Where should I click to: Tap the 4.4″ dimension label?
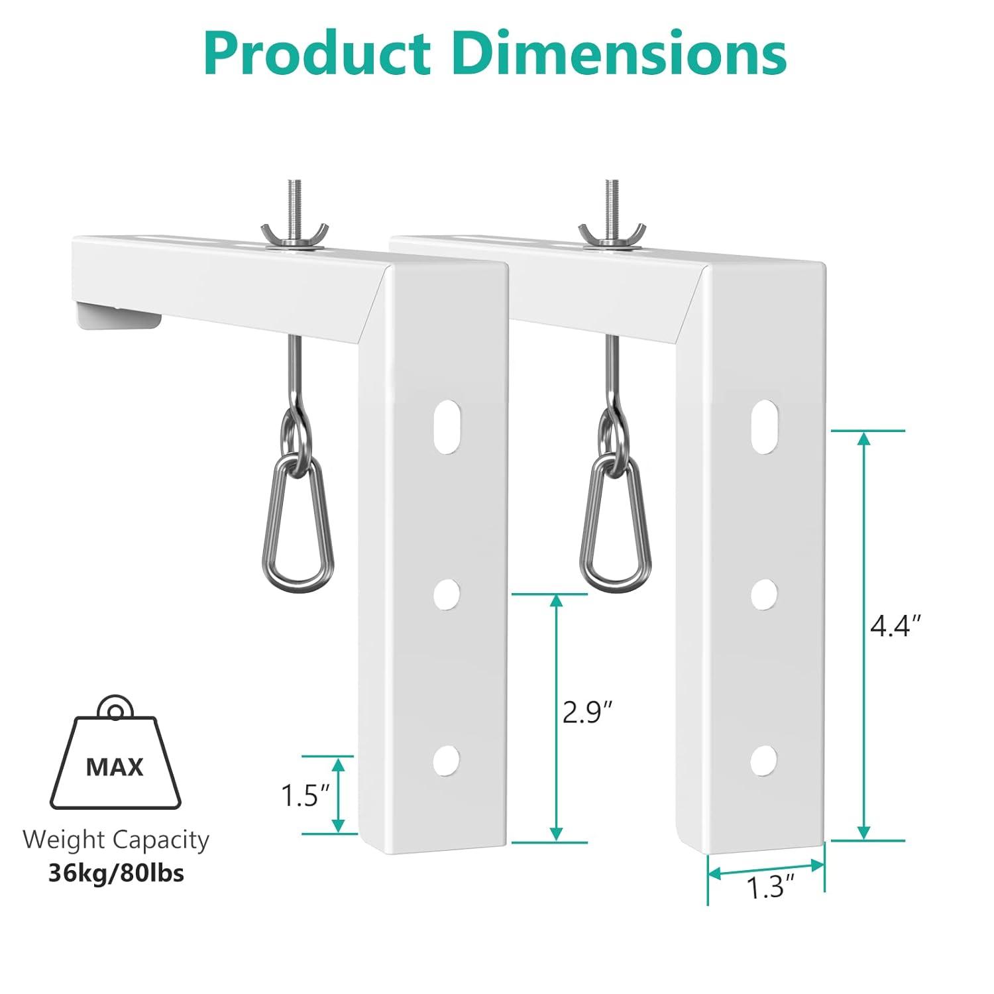895,626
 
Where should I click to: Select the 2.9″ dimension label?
586,712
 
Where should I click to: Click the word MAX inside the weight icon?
115,767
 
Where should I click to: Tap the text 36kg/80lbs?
116,873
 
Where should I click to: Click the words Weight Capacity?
116,840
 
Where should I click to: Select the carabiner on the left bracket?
298,524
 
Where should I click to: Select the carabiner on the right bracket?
616,524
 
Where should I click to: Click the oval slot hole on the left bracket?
448,427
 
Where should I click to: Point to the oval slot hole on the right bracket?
766,427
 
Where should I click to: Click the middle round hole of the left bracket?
447,594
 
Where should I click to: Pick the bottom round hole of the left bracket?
447,759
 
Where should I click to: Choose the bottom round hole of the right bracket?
764,759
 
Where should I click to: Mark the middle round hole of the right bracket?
764,594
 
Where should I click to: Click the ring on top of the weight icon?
115,711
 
